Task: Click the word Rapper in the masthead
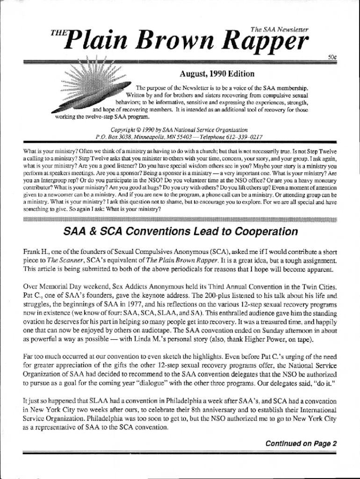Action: coord(265,44)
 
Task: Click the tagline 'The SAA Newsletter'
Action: coord(279,29)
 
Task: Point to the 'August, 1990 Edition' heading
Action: coord(217,74)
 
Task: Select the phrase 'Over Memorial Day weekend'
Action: coord(64,286)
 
